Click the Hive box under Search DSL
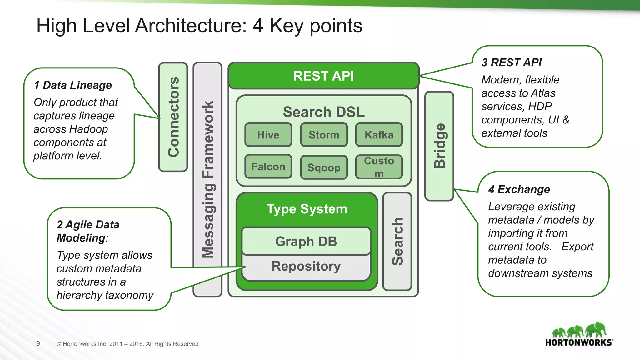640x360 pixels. (268, 135)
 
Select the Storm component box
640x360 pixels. (324, 135)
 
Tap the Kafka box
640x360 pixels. (379, 135)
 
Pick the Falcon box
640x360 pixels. (268, 167)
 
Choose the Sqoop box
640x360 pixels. (324, 167)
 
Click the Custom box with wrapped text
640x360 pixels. (379, 167)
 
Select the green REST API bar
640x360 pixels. (323, 76)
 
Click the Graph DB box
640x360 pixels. (306, 241)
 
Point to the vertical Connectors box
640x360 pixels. (173, 117)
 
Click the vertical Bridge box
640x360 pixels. (439, 146)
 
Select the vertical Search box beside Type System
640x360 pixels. (397, 241)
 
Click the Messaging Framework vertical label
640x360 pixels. (207, 179)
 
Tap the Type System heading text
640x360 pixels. (307, 209)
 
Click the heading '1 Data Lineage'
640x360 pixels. (72, 85)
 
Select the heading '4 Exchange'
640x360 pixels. (519, 189)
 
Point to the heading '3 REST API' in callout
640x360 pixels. (512, 62)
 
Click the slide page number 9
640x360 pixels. (38, 344)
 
